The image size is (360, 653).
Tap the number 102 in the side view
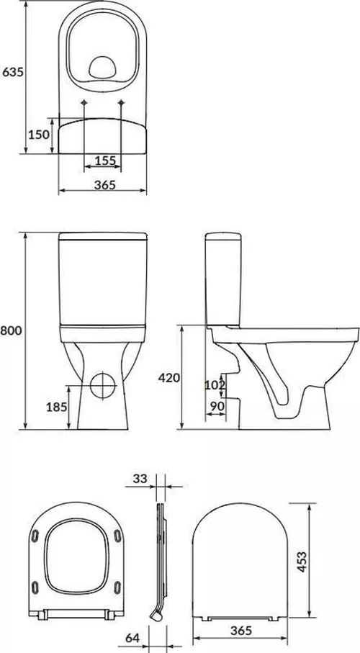click(x=214, y=384)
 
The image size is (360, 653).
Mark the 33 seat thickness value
click(x=140, y=477)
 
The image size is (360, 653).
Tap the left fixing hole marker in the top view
click(x=85, y=104)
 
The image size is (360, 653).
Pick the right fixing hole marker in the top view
click(x=120, y=104)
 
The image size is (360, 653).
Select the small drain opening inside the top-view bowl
click(x=103, y=68)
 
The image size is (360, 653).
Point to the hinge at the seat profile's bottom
click(x=155, y=615)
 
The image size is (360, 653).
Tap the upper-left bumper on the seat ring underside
click(x=35, y=534)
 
